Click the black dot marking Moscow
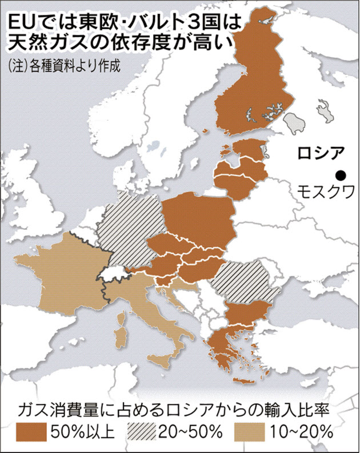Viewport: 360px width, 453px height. click(x=341, y=176)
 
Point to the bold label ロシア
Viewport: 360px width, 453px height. click(x=322, y=153)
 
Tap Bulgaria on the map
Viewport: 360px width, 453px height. click(x=247, y=314)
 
